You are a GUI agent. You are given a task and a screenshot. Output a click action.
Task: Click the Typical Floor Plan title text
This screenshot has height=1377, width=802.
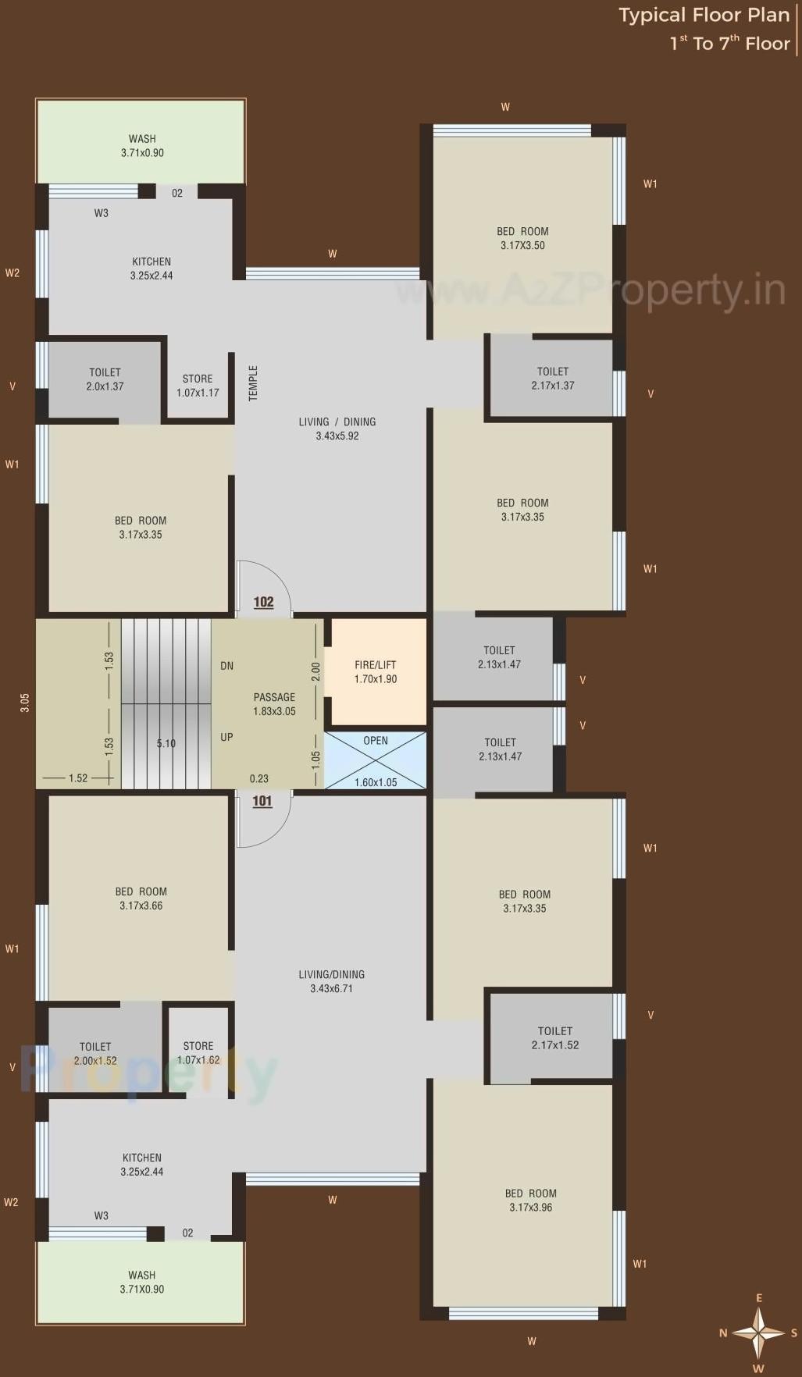click(x=704, y=16)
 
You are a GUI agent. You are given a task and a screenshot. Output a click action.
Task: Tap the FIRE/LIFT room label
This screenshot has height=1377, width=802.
click(x=376, y=672)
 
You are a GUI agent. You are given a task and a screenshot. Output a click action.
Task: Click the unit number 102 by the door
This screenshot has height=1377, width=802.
click(x=264, y=602)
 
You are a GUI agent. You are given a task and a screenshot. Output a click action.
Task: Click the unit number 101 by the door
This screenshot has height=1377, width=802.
click(x=262, y=801)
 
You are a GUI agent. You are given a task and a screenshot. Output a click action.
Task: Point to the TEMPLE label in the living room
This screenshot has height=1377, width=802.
click(x=253, y=383)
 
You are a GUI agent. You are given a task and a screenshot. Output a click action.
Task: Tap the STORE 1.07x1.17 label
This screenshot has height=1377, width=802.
click(x=198, y=386)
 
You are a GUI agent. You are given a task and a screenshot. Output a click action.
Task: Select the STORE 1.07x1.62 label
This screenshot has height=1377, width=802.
click(x=198, y=1053)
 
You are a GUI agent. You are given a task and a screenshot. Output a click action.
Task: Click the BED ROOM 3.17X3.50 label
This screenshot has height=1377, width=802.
click(x=522, y=238)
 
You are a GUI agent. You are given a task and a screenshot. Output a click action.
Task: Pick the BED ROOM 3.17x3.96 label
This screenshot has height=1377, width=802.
click(x=530, y=1200)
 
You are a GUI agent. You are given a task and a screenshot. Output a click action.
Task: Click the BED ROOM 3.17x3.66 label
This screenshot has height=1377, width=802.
click(x=141, y=898)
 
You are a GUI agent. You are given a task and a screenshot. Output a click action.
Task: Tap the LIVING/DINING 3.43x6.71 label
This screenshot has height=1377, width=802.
click(x=331, y=981)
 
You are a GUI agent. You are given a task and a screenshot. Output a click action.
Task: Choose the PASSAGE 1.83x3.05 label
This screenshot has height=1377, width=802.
click(x=274, y=704)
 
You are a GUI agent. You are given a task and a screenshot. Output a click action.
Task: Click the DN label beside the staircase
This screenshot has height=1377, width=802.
click(x=226, y=666)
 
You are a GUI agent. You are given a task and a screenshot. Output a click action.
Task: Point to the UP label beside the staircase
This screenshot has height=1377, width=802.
click(x=226, y=737)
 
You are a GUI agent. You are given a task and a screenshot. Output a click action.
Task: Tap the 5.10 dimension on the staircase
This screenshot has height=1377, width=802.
click(x=166, y=743)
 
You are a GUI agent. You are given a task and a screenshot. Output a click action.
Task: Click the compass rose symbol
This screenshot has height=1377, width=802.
click(x=758, y=1333)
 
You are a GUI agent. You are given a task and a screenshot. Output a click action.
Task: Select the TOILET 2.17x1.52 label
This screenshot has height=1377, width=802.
click(x=555, y=1038)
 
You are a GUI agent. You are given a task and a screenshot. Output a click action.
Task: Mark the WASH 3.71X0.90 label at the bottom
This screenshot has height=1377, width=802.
click(x=141, y=1282)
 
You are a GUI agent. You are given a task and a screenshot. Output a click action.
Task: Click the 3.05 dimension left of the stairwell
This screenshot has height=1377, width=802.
click(x=25, y=703)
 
